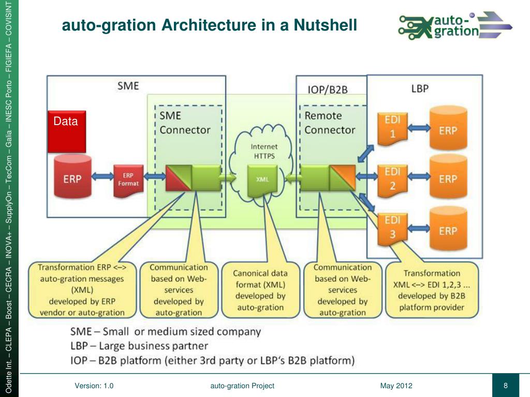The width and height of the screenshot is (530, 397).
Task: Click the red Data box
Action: [67, 131]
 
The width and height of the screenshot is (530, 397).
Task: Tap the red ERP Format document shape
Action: [127, 179]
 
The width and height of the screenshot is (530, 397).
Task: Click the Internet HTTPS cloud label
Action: [264, 151]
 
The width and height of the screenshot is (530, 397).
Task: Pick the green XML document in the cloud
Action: [263, 179]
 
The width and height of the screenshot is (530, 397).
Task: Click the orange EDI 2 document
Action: [392, 179]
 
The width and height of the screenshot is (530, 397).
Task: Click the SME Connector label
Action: [178, 123]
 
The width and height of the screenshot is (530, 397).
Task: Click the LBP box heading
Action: [420, 88]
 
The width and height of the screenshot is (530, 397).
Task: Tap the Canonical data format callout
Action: [260, 291]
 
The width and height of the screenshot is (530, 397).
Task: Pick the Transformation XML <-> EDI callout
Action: [432, 290]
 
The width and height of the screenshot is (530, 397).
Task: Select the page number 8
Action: [505, 386]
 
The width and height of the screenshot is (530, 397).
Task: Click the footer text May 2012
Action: [396, 386]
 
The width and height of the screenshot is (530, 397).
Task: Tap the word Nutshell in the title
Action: [325, 25]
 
